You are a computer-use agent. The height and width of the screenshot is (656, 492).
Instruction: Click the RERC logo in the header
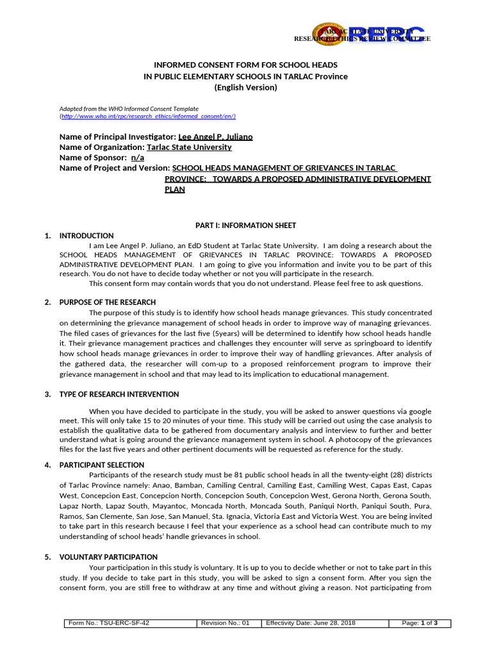(x=368, y=35)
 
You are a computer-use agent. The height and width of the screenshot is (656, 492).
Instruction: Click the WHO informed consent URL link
(x=148, y=116)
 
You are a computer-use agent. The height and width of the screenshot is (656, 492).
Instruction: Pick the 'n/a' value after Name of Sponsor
(x=138, y=158)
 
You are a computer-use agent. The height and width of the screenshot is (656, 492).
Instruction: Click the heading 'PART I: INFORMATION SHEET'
(x=245, y=225)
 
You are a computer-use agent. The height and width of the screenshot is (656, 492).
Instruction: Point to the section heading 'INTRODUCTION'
(x=86, y=236)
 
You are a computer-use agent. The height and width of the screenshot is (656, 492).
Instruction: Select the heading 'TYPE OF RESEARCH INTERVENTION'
(x=119, y=394)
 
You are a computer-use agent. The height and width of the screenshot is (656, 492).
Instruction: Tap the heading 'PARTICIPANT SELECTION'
(x=102, y=465)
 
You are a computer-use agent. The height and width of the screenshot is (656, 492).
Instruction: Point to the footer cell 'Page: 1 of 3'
(x=419, y=623)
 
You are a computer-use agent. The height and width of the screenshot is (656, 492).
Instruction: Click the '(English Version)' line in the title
(x=245, y=87)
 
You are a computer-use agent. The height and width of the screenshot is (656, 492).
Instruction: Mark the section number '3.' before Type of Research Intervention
(x=48, y=394)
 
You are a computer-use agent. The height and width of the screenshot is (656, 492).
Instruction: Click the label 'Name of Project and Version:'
(x=111, y=168)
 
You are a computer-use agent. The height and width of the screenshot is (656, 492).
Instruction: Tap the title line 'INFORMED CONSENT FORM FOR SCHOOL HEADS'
(x=245, y=65)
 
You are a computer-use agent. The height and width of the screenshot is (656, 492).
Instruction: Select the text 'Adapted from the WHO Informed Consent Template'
(x=129, y=109)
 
